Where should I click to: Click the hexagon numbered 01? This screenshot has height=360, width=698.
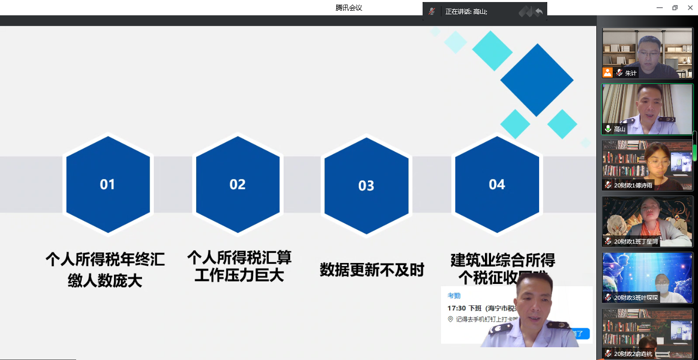(108, 184)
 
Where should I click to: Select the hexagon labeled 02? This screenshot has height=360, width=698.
(238, 184)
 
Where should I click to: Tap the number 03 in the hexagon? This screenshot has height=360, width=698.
(366, 186)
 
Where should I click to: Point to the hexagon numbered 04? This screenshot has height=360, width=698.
(497, 184)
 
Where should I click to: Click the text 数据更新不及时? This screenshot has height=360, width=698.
(372, 270)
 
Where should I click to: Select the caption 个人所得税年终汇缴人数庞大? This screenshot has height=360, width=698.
(105, 269)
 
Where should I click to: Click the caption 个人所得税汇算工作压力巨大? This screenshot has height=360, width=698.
(239, 266)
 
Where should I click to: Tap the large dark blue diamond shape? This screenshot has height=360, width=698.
(537, 80)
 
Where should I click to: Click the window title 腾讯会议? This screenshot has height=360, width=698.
(348, 8)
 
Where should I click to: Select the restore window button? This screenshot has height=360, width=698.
(675, 8)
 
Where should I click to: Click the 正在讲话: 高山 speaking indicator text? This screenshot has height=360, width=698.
(466, 11)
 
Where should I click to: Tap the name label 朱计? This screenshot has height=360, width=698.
(631, 73)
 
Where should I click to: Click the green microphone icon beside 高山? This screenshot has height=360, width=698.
(608, 129)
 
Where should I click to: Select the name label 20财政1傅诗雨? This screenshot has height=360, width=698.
(634, 185)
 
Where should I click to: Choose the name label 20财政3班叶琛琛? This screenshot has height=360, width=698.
(636, 298)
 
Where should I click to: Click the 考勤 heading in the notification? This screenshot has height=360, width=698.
(454, 296)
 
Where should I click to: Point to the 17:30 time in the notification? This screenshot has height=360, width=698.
(456, 308)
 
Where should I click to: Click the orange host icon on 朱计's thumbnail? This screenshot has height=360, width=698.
(608, 73)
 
